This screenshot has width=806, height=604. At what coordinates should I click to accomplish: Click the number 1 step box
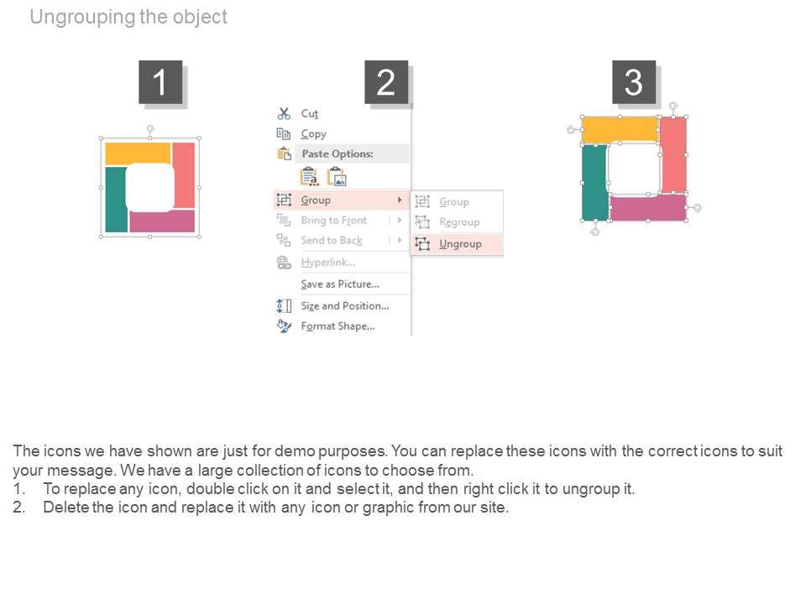[160, 82]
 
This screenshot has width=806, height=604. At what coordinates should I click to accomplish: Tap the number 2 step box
[386, 82]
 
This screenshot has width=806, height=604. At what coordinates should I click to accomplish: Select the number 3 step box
[634, 82]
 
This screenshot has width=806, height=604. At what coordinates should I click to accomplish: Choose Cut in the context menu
[310, 113]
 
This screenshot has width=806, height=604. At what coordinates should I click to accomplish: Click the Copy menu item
[313, 134]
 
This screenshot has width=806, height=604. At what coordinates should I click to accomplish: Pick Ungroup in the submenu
[460, 244]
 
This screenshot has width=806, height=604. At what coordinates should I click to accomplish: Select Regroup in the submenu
[459, 221]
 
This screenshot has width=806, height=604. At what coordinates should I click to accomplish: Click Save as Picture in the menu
[340, 284]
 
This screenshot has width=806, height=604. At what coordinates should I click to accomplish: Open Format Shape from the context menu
[338, 326]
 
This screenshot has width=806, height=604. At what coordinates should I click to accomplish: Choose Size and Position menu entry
[345, 305]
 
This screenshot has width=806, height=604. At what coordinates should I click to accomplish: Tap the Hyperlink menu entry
[328, 263]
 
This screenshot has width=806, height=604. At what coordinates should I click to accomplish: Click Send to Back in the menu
[332, 241]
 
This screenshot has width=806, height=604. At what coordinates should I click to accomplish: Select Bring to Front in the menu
[333, 221]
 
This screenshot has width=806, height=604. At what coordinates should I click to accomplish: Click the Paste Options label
[338, 154]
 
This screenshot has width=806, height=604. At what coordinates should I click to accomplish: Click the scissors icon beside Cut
[284, 113]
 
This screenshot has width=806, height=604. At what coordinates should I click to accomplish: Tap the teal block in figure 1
[116, 200]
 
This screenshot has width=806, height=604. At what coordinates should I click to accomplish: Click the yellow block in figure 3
[620, 129]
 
